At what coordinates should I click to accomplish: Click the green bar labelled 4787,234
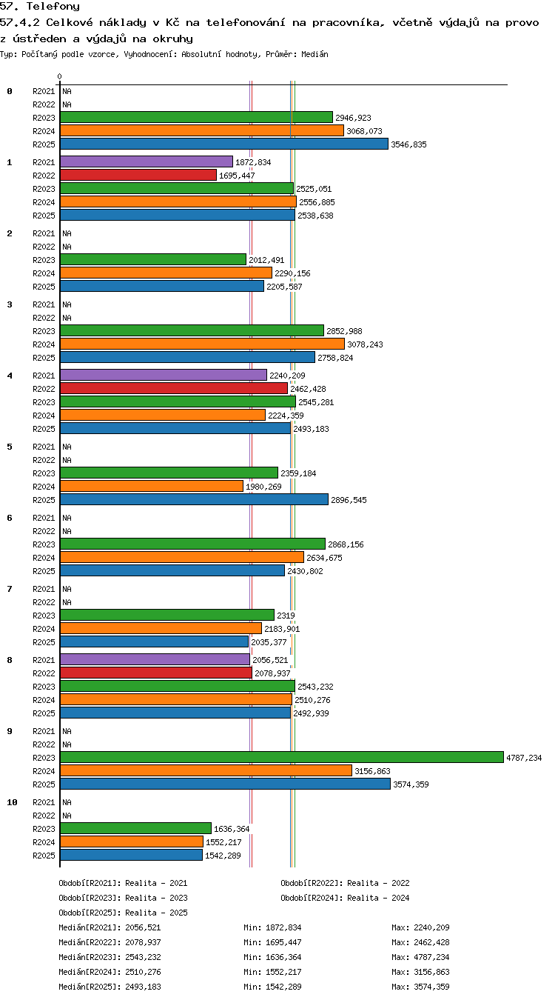point(281,757)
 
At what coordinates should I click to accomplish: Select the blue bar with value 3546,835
point(224,144)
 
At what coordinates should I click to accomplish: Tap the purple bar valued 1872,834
point(147,161)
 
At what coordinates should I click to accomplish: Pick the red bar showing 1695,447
point(138,175)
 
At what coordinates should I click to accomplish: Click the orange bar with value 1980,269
point(152,486)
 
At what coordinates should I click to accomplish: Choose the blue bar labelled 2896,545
point(194,499)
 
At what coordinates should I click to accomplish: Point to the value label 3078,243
point(365,344)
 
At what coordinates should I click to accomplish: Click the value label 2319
point(286,615)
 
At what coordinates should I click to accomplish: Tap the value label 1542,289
point(223,856)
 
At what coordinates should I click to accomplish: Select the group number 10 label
point(12,802)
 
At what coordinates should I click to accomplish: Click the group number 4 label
point(10,376)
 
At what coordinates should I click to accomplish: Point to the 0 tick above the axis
point(59,76)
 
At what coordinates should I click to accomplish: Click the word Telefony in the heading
point(53,6)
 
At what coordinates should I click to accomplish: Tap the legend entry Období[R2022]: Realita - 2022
point(345,882)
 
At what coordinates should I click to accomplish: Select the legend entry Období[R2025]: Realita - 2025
point(123,913)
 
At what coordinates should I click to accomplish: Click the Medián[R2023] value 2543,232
point(143,957)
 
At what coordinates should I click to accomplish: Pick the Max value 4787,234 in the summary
point(431,957)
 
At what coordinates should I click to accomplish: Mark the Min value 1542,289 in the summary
point(283,987)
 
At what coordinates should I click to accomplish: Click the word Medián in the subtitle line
point(314,54)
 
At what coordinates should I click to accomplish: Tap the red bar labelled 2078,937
point(156,673)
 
